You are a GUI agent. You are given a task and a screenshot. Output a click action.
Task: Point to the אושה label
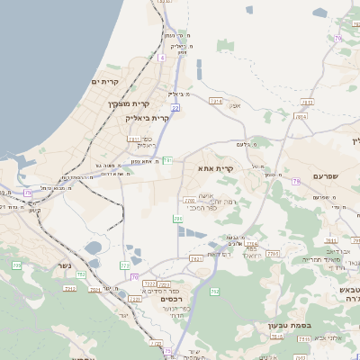(x=205, y=194)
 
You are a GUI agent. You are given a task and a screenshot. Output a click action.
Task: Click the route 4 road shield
(x=161, y=57)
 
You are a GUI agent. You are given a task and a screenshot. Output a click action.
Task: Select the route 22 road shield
(x=175, y=107)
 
